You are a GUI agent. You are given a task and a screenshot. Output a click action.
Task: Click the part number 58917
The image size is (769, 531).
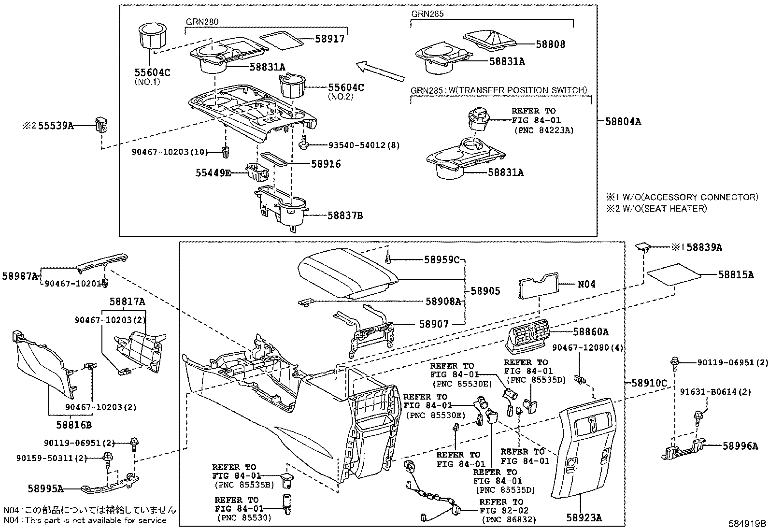tap(331, 38)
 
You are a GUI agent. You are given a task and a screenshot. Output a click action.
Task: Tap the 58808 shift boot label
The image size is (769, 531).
tap(550, 44)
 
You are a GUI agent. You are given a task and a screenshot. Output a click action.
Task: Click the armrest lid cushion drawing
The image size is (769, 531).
tap(347, 276)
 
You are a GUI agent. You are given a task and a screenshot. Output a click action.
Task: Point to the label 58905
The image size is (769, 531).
tap(485, 291)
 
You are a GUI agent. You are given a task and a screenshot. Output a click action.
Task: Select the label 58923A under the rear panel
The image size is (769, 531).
tap(584, 518)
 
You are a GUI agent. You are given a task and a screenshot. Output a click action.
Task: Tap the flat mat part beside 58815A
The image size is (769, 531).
tap(673, 273)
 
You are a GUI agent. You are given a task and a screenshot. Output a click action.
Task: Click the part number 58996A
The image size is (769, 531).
tap(740, 446)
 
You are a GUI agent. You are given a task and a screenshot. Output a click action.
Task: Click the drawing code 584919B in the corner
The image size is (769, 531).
tap(748, 523)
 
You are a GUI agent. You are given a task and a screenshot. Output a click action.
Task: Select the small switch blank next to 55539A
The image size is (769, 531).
tap(101, 125)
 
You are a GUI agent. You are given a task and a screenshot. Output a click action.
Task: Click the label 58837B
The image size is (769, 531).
tap(345, 215)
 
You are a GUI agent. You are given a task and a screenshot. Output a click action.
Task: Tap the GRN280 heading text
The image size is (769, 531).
tap(202, 22)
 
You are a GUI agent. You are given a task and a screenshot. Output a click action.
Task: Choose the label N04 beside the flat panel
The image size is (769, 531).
tap(586, 284)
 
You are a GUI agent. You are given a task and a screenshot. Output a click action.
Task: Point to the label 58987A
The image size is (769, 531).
tap(20, 276)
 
